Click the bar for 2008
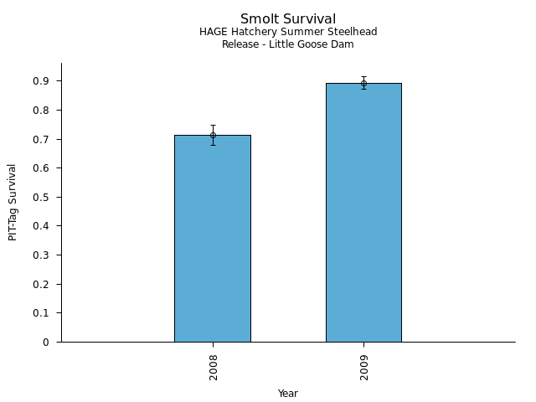click(213, 239)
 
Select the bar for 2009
click(363, 213)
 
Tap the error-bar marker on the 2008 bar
click(213, 135)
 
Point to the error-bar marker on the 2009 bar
click(363, 83)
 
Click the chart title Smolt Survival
click(288, 19)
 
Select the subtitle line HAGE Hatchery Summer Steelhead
click(288, 32)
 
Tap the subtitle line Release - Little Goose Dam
click(288, 44)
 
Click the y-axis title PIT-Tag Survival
click(13, 203)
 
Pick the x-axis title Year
click(288, 394)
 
